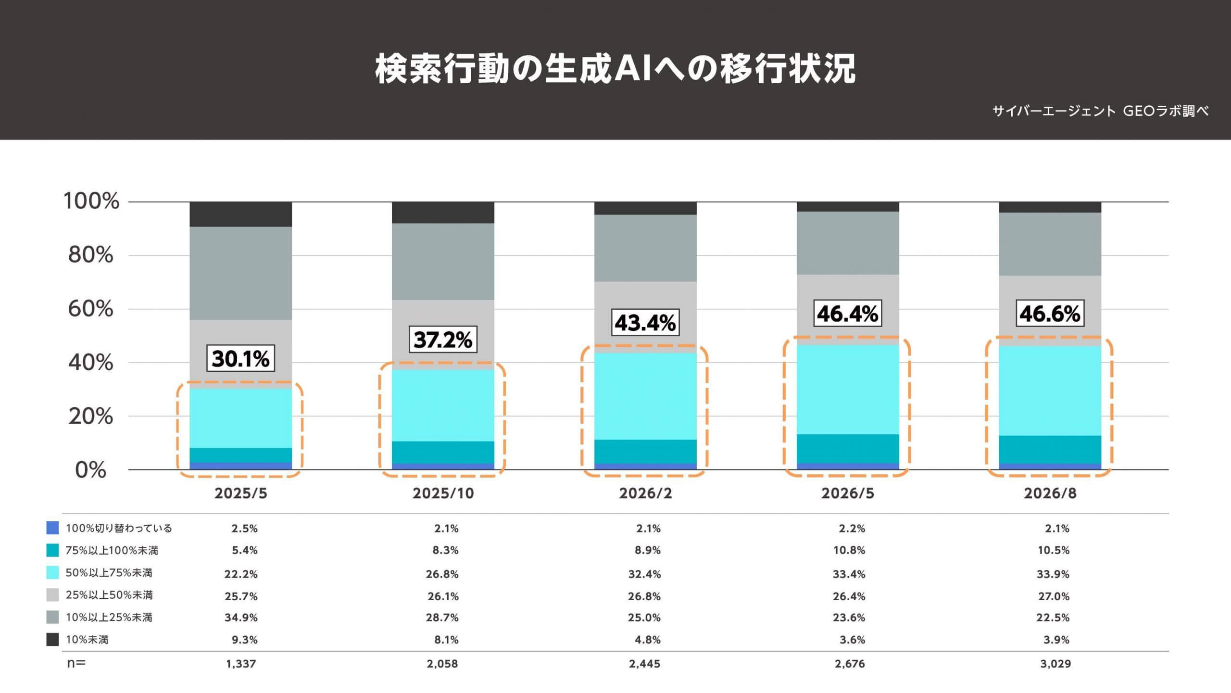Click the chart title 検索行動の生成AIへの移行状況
pos(615,69)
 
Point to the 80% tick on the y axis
pos(90,255)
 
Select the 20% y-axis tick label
pos(90,416)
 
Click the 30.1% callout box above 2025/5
pos(241,358)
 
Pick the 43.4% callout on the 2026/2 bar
pos(645,322)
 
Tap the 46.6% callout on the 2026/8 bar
pos(1050,314)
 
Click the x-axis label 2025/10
pos(443,493)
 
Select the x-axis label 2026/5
pos(848,493)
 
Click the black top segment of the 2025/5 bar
pos(241,214)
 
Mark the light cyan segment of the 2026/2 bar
pos(645,396)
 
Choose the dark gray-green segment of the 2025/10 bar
pos(443,262)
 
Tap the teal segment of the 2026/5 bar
pos(848,449)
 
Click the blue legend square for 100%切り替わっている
pos(52,528)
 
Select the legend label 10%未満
pos(87,640)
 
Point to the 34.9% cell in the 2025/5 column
pos(241,617)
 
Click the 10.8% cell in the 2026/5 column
pos(849,550)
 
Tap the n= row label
pos(76,663)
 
